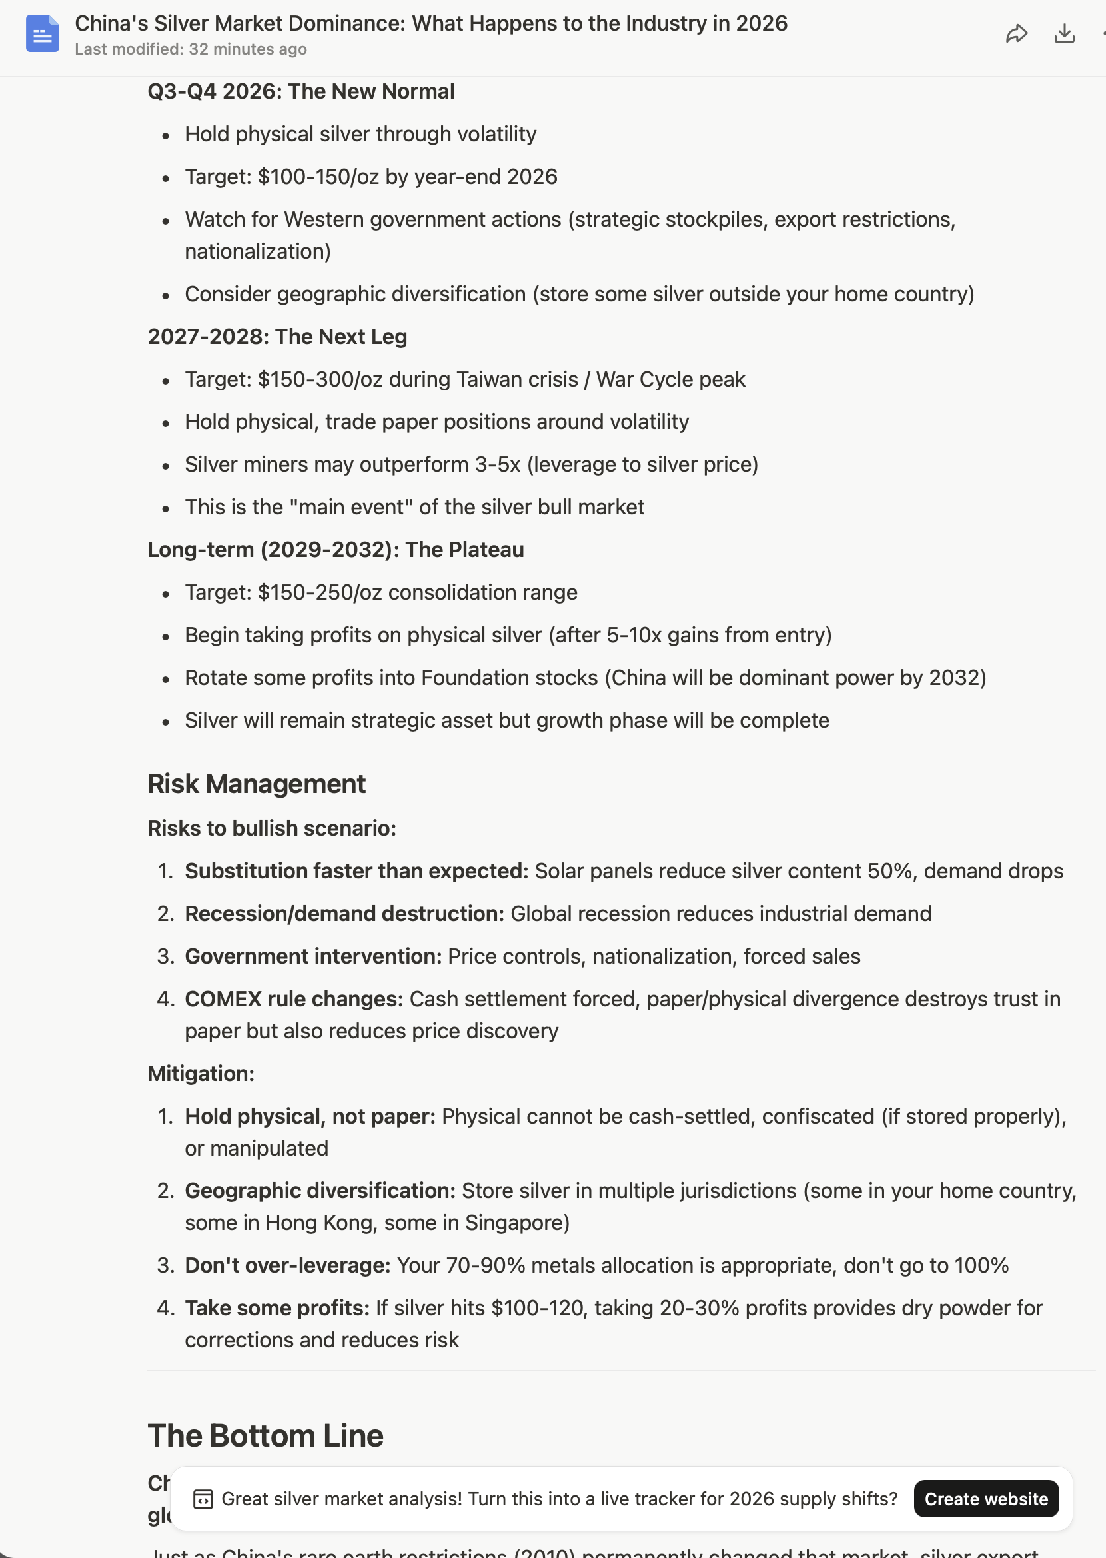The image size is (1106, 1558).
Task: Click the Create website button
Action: point(985,1499)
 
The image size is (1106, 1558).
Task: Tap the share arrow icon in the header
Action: point(1016,34)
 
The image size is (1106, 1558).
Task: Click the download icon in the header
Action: point(1064,34)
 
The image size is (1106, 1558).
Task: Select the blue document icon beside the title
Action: point(42,34)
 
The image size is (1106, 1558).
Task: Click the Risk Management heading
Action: point(257,784)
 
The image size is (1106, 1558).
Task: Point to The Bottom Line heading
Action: point(266,1435)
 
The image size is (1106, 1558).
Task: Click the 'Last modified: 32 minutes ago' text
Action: point(191,50)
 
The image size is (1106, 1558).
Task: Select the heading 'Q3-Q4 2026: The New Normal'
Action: point(301,91)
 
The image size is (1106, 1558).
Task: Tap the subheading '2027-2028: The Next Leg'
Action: point(277,337)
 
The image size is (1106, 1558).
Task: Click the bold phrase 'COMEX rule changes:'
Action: point(294,999)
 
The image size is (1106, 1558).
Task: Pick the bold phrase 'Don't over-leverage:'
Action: point(287,1265)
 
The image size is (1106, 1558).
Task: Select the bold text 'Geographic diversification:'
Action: point(320,1191)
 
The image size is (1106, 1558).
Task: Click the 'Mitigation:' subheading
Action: point(201,1073)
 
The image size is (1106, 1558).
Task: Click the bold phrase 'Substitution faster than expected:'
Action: point(356,871)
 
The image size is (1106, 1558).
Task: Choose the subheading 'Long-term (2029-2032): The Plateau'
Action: point(336,550)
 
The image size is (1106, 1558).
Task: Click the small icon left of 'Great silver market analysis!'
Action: point(203,1499)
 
